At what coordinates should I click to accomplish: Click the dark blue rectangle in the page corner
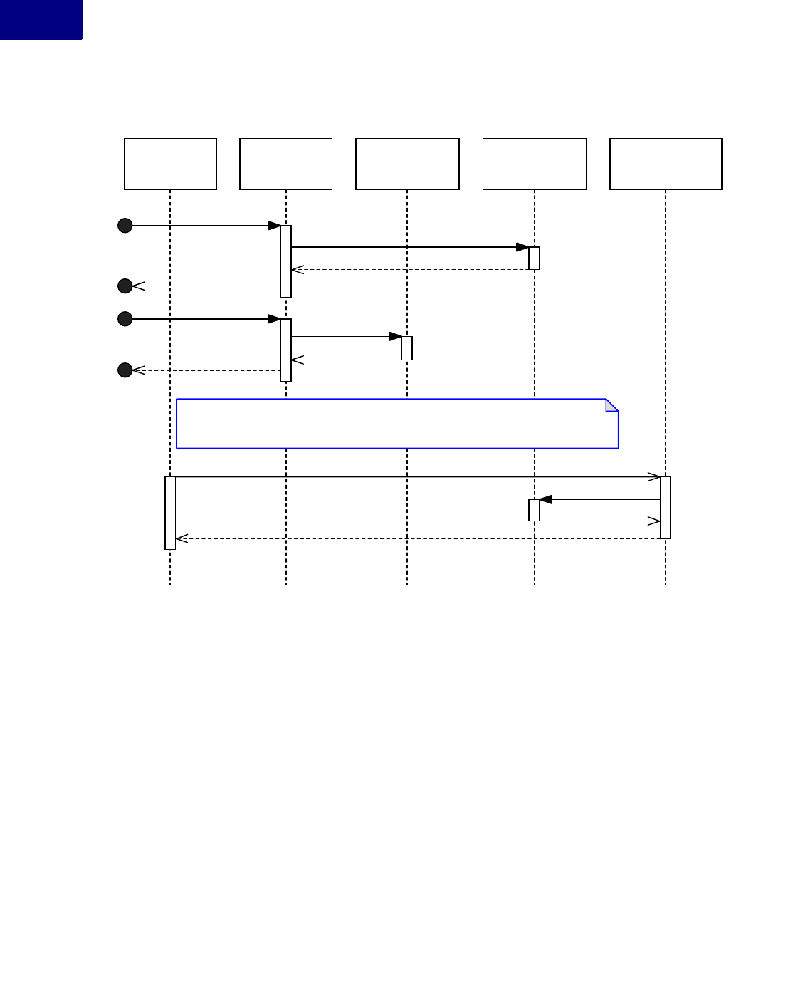41,19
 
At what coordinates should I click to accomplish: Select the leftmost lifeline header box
170,164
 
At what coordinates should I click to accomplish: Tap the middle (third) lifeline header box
407,164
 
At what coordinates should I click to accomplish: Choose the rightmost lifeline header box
666,164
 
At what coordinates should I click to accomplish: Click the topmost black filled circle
125,226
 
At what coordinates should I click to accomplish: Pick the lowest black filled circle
125,370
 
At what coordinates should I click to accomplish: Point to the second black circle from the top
125,286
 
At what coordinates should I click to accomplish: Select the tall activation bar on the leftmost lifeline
170,513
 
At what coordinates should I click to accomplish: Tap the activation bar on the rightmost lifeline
666,507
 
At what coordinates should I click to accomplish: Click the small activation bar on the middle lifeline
407,348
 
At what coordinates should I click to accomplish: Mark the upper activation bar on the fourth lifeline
534,258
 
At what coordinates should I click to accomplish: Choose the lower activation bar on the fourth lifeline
534,510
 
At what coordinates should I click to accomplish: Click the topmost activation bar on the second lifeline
286,261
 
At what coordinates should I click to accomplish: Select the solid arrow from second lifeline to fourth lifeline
409,247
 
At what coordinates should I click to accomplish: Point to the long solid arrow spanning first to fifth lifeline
417,477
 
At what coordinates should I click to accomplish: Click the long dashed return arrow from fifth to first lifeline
417,538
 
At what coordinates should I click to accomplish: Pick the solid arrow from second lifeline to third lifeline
346,336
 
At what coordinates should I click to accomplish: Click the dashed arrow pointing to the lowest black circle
206,370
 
